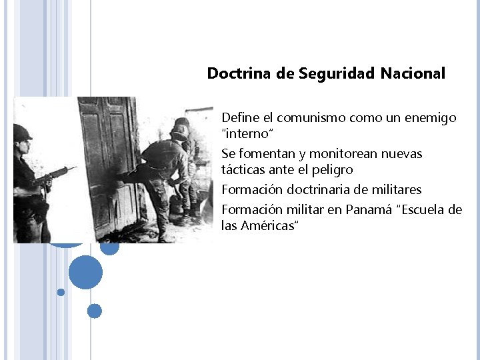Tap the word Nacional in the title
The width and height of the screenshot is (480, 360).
click(x=413, y=73)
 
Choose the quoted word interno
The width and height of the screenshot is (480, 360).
click(x=243, y=134)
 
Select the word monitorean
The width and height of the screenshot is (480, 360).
click(x=343, y=154)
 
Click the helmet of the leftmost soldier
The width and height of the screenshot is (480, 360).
click(x=22, y=131)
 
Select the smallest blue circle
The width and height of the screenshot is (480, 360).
click(x=61, y=292)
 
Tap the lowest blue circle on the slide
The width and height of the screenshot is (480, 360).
click(x=95, y=311)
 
